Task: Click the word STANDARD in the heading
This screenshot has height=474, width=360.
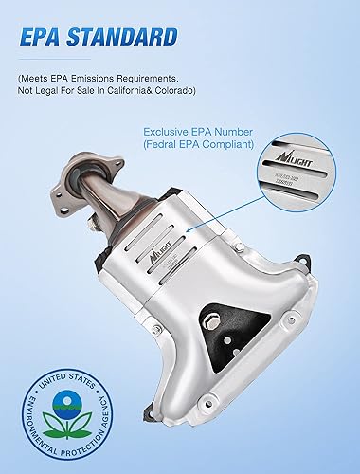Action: coord(126,38)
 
